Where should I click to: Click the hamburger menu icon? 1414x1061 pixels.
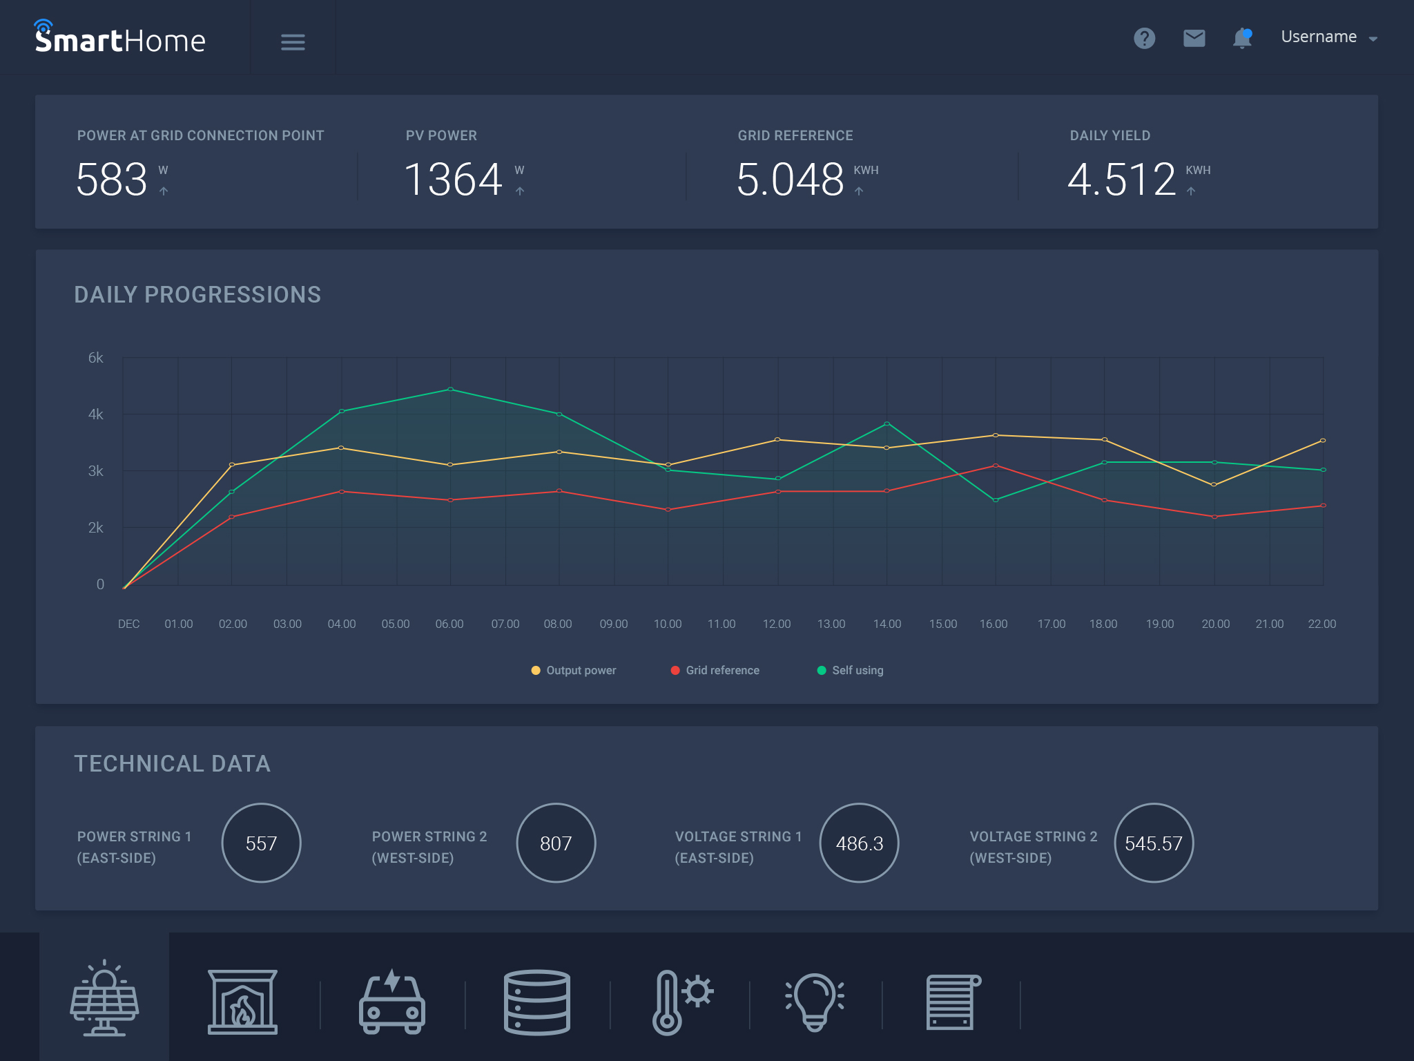click(293, 42)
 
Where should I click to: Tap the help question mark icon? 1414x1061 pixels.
click(1144, 38)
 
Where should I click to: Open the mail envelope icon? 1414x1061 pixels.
click(1194, 38)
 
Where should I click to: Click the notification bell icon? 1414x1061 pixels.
click(1242, 38)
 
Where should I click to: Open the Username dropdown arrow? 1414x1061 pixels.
click(1373, 39)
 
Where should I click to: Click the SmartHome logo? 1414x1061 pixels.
click(120, 39)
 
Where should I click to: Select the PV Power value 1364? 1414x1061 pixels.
click(453, 180)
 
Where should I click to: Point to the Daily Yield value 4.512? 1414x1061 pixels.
click(1121, 180)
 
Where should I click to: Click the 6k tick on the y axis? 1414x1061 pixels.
click(95, 358)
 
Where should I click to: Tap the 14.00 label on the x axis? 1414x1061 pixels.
click(887, 624)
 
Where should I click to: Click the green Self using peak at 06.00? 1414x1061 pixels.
click(450, 390)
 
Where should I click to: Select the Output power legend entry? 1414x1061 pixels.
click(574, 670)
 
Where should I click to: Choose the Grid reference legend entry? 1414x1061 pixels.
click(715, 670)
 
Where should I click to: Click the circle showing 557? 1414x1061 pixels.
click(261, 843)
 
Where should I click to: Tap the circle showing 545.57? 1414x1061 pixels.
click(1153, 843)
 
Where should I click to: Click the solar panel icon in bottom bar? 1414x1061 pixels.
click(104, 998)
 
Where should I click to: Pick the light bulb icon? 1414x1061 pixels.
click(815, 1001)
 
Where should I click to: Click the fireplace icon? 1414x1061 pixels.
click(242, 1001)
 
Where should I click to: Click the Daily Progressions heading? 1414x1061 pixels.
click(197, 295)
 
